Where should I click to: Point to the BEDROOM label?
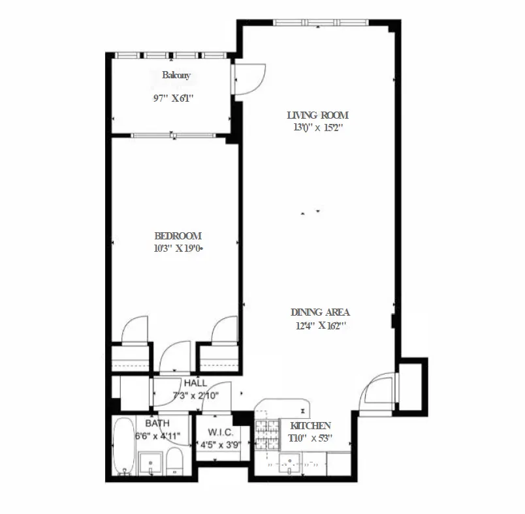(x=178, y=236)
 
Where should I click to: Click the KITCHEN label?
(x=310, y=426)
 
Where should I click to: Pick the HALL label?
(x=196, y=384)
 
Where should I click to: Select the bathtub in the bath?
(x=121, y=449)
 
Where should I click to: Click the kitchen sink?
(x=288, y=464)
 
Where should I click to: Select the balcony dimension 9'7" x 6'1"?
(x=171, y=98)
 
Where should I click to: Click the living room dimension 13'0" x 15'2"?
(x=318, y=128)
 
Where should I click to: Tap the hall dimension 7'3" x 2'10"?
(x=196, y=396)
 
